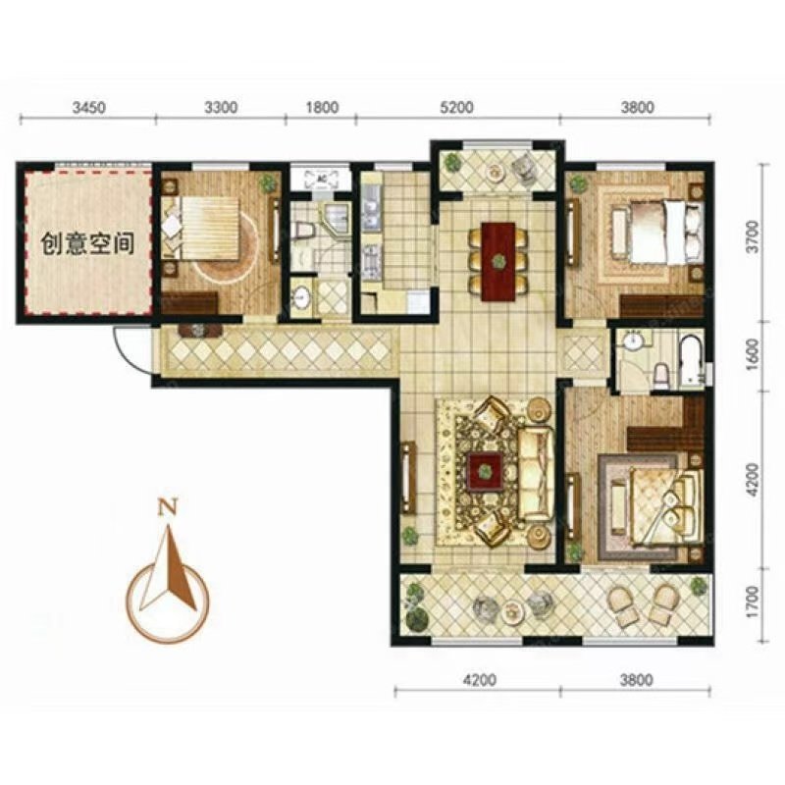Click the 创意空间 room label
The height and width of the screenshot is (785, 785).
87,243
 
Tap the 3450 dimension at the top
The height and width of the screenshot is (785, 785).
88,108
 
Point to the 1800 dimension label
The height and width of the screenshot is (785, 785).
322,108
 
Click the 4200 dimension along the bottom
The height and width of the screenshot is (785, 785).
480,680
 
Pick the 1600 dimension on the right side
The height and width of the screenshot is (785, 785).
752,355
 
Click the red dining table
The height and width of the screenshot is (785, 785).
498,261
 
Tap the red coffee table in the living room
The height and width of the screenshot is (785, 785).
484,471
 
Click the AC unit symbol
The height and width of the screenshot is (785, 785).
321,179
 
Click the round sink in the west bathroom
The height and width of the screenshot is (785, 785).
301,298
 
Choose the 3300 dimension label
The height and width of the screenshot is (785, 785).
222,108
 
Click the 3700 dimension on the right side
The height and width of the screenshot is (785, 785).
752,237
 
